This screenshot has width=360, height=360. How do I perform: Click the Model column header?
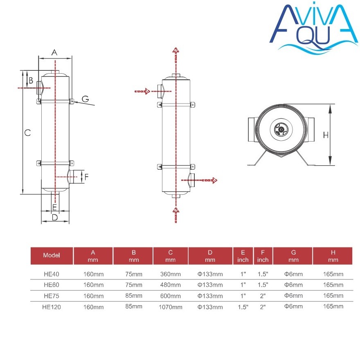tap(52, 255)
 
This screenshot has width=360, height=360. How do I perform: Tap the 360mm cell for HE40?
tap(170, 274)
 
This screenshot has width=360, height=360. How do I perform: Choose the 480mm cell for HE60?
tap(170, 285)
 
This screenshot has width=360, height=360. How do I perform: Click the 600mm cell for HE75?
tap(170, 296)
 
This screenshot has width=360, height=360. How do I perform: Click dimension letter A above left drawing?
tap(54, 52)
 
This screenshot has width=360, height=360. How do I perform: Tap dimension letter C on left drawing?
tap(27, 133)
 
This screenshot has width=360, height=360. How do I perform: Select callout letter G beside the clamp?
tap(85, 99)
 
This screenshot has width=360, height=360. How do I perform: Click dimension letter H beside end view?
tap(326, 135)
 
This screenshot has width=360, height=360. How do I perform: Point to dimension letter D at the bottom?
tap(54, 218)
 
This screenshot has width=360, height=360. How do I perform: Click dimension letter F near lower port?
tap(85, 177)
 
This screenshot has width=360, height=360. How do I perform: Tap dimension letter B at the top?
tap(31, 80)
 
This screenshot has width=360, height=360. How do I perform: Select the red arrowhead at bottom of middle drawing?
tap(175, 211)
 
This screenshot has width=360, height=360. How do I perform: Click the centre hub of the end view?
tap(281, 129)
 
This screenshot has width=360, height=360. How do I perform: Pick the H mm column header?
tap(333, 255)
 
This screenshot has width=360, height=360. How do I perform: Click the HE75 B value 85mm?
tap(134, 296)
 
